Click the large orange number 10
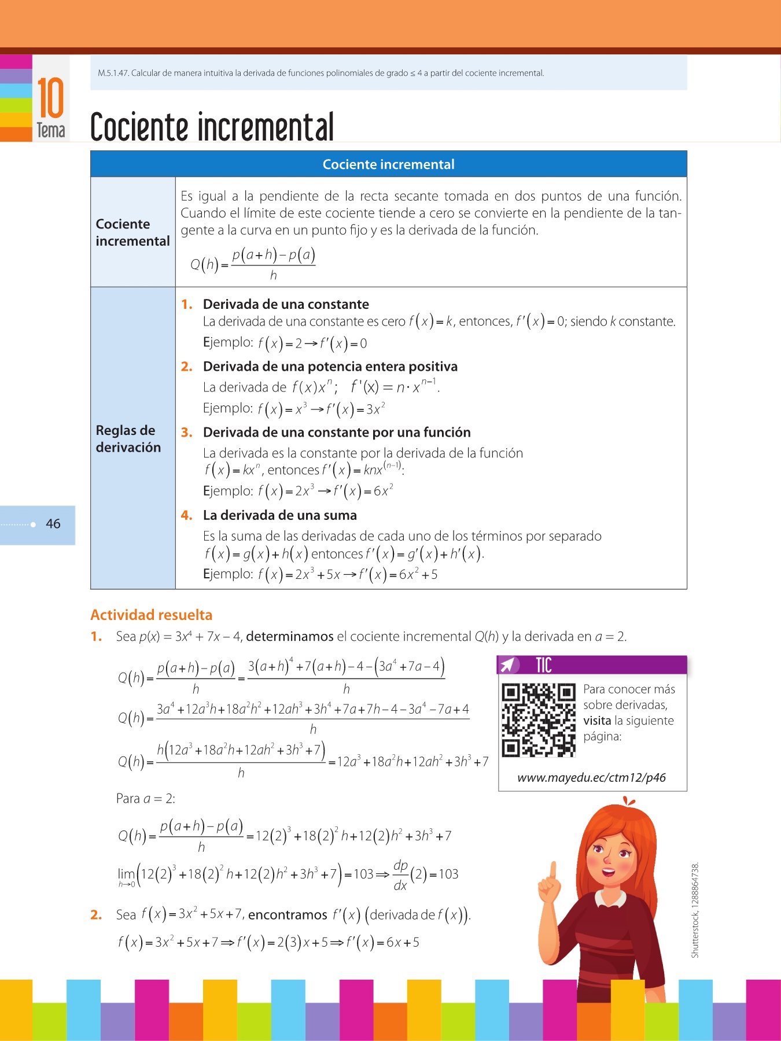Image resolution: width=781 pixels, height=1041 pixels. (x=50, y=98)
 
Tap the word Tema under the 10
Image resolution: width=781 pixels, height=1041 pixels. (x=51, y=131)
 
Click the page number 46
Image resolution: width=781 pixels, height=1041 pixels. (x=53, y=524)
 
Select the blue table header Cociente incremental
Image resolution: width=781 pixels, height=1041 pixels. (x=388, y=164)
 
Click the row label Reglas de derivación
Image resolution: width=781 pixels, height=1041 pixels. (x=128, y=438)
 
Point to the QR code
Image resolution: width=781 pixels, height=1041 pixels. (x=539, y=720)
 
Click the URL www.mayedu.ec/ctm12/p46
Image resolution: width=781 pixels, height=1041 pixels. (x=591, y=778)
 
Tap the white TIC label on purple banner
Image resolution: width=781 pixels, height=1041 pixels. (x=544, y=666)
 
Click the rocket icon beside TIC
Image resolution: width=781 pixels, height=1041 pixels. (x=507, y=666)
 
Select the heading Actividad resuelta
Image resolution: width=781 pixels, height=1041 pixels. (x=152, y=615)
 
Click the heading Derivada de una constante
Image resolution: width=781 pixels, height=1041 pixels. (x=286, y=304)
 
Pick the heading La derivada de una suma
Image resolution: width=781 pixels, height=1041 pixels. (x=280, y=515)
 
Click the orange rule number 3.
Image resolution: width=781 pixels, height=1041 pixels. (x=186, y=433)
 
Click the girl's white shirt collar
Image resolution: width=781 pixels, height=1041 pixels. (x=610, y=898)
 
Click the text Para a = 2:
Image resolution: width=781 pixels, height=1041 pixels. (x=146, y=799)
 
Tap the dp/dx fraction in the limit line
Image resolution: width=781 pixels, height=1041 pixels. (x=400, y=874)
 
